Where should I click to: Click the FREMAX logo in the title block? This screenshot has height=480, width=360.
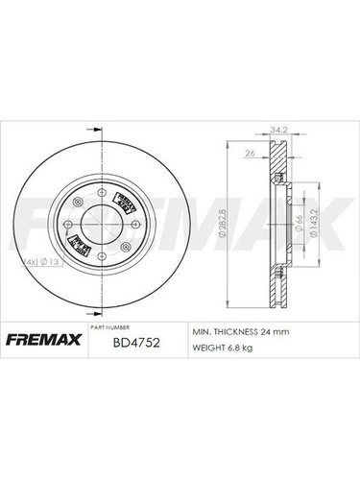click(45, 339)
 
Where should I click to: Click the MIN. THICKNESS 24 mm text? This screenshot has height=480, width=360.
click(242, 331)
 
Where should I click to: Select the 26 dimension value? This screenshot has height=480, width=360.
click(250, 155)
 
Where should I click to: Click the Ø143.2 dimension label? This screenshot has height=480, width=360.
click(311, 227)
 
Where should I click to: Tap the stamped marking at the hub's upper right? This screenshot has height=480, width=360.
click(123, 203)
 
